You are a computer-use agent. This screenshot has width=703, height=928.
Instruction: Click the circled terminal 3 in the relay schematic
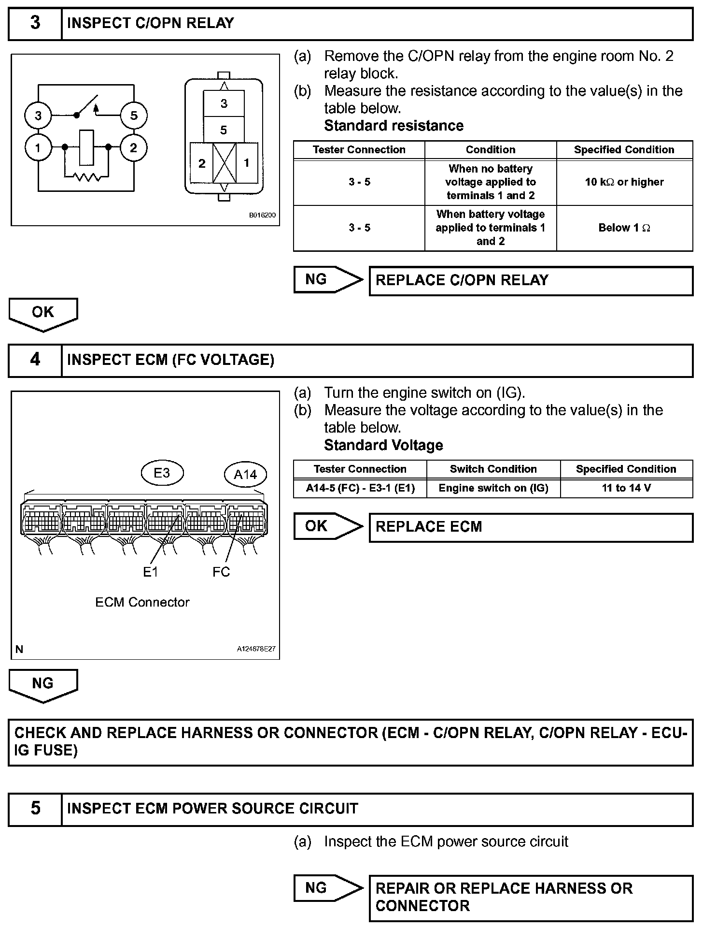click(x=38, y=116)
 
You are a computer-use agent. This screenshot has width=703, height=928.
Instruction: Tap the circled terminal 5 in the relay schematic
click(x=134, y=116)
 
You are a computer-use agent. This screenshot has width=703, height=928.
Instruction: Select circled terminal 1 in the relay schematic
click(x=38, y=147)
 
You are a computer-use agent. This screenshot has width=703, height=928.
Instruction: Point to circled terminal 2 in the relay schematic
click(x=134, y=147)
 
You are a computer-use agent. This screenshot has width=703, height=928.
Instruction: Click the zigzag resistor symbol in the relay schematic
click(x=87, y=177)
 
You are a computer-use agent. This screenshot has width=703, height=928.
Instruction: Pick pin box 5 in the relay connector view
click(x=224, y=130)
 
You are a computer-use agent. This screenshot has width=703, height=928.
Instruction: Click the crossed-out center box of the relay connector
click(x=225, y=163)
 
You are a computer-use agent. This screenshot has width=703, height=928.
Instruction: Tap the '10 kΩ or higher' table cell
click(x=624, y=182)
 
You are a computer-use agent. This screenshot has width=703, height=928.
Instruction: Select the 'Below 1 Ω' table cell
click(x=624, y=228)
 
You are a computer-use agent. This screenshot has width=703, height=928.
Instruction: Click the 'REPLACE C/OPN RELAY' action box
click(x=531, y=281)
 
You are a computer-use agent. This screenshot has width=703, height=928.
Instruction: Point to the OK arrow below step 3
click(x=43, y=313)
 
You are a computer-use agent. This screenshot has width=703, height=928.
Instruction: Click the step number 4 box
click(x=35, y=360)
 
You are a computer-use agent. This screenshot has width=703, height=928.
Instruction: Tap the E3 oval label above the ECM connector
click(x=162, y=473)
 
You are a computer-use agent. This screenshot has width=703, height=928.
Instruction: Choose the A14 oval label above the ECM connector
click(x=245, y=475)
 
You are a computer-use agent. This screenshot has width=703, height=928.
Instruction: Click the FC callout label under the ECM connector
click(x=221, y=572)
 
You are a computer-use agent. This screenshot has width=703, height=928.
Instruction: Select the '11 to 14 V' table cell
click(x=626, y=488)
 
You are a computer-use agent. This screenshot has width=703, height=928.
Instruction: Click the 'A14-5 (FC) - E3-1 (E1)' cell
click(x=360, y=488)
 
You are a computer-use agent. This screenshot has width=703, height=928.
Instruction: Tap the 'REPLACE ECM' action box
click(x=531, y=527)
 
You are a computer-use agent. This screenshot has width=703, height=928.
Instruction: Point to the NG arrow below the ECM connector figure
click(x=43, y=684)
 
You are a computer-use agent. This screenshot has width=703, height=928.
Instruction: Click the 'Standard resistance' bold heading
click(x=394, y=126)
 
